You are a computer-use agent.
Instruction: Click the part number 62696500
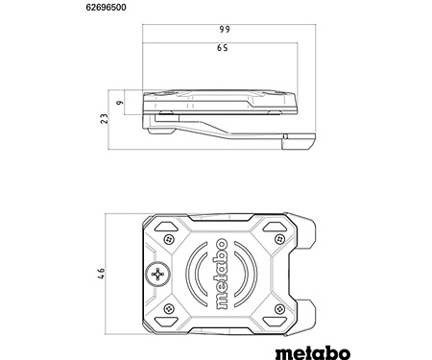[106, 8]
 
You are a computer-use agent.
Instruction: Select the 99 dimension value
[225, 29]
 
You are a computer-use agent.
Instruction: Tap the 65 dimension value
[223, 48]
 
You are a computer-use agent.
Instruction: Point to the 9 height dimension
[119, 103]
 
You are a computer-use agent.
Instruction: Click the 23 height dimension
[105, 119]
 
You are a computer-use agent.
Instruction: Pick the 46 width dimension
[101, 274]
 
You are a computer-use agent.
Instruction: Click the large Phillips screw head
[157, 275]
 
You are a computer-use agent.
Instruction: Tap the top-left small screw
[169, 239]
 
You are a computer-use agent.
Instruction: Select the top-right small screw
[280, 239]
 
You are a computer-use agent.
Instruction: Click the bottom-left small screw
[169, 309]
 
